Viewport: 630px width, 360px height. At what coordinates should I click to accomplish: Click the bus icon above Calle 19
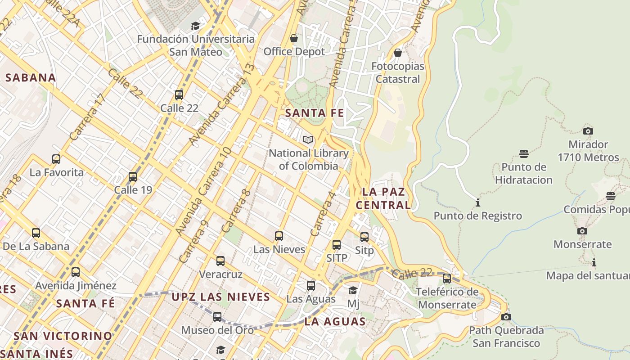coord(133,177)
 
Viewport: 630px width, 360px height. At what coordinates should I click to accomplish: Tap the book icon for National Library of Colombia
coord(308,140)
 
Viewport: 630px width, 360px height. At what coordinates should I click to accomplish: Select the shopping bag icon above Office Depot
coord(294,39)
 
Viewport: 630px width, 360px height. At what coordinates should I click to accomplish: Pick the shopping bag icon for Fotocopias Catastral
coord(397,53)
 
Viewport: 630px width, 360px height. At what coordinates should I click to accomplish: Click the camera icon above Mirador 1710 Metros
coord(588,131)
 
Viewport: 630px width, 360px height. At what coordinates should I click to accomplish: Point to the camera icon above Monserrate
coord(582,231)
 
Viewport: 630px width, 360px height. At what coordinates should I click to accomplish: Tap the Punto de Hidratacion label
coord(524,173)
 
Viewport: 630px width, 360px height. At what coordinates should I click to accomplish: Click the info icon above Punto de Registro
coord(477,203)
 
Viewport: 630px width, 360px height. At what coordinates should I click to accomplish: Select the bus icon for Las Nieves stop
coord(279,236)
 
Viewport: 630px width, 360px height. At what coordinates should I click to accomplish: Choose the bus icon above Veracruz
coord(220,261)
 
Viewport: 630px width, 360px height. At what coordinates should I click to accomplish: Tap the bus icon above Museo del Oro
coord(217,317)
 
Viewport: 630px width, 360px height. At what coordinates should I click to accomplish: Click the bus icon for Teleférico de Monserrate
coord(447,279)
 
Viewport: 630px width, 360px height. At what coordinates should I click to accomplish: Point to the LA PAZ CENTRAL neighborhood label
coord(384,198)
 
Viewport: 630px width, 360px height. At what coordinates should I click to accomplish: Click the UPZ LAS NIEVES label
coord(221,297)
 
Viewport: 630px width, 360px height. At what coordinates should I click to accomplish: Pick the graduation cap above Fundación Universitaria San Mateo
coord(195,26)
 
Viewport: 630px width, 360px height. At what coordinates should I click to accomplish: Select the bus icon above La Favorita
coord(56,159)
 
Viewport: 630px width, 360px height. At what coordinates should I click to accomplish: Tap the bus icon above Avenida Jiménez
coord(76,272)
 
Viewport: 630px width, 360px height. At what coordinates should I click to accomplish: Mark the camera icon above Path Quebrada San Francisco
coord(506,317)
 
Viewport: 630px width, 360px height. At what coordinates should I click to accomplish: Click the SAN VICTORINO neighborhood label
coord(63,336)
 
